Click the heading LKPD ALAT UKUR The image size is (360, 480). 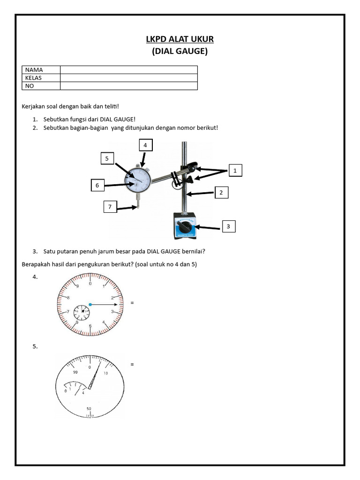(x=180, y=39)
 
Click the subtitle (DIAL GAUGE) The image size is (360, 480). (x=180, y=52)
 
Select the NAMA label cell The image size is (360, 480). (x=41, y=70)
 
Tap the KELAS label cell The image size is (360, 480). (x=41, y=78)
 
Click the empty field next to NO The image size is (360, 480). (x=128, y=86)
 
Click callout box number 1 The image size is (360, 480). (x=235, y=171)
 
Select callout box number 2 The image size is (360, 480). (x=221, y=192)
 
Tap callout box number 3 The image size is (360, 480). (x=228, y=227)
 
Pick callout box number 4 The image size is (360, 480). (x=145, y=145)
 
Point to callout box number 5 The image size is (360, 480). (x=107, y=159)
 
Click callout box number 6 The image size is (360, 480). (x=97, y=186)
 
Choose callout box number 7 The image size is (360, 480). (x=110, y=207)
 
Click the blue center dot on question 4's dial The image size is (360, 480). (x=90, y=305)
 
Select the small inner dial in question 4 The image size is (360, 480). (x=82, y=310)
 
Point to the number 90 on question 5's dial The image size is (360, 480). (x=75, y=372)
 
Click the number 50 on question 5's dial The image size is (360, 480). (x=89, y=409)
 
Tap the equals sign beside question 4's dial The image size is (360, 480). (x=132, y=303)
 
